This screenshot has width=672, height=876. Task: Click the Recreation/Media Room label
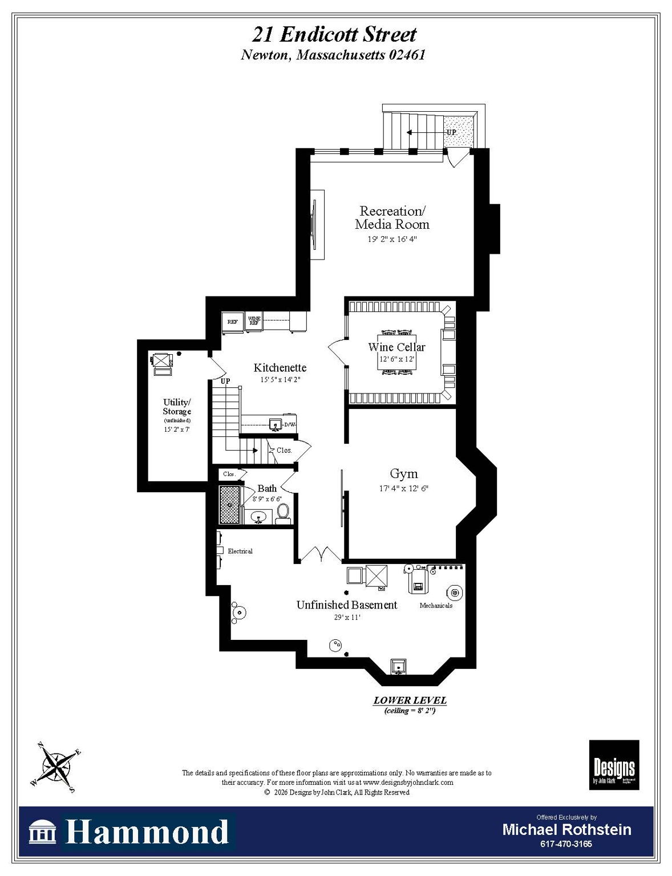click(x=392, y=217)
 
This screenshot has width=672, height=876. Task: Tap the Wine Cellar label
click(x=396, y=347)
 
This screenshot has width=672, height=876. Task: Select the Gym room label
click(x=403, y=473)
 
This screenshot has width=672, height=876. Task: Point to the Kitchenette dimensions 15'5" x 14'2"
click(x=280, y=379)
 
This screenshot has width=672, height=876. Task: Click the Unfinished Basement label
click(x=346, y=605)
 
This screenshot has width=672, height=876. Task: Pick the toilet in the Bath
click(x=283, y=513)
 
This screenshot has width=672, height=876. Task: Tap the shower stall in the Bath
click(x=230, y=504)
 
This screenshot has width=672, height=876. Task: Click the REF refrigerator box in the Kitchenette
click(x=233, y=322)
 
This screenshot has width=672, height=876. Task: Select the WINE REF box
click(x=254, y=321)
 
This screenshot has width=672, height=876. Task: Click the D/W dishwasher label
click(x=290, y=424)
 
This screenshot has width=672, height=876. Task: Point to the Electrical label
click(x=240, y=551)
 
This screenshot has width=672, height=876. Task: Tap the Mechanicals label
click(x=436, y=605)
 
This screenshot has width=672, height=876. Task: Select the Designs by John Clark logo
click(x=614, y=765)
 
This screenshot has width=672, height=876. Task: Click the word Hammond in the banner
click(x=147, y=832)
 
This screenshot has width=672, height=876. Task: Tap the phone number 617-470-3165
click(x=566, y=843)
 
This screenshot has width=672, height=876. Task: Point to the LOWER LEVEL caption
click(x=410, y=700)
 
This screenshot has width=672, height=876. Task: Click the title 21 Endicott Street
click(x=334, y=35)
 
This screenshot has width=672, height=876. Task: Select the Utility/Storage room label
click(x=177, y=407)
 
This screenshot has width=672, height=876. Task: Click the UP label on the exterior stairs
click(x=451, y=132)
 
